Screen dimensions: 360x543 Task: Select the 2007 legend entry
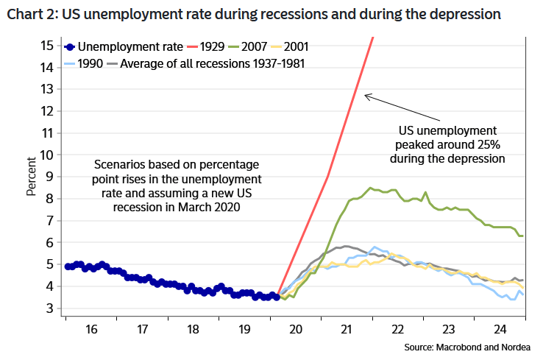click(x=254, y=46)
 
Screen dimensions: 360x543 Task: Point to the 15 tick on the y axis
click(x=47, y=45)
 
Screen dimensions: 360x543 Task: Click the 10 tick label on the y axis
click(x=47, y=155)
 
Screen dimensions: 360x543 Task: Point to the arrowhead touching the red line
click(x=367, y=95)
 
